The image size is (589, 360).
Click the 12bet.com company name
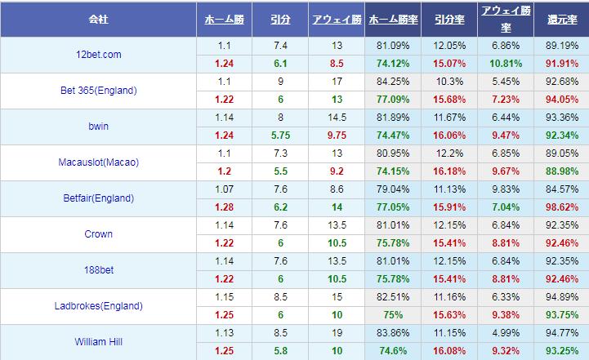pyautogui.click(x=97, y=54)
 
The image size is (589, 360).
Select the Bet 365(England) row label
pyautogui.click(x=97, y=90)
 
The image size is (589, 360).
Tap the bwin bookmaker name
pyautogui.click(x=97, y=127)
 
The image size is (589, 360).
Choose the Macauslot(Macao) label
pyautogui.click(x=97, y=162)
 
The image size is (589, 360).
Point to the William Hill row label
pyautogui.click(x=97, y=342)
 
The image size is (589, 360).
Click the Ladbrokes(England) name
pyautogui.click(x=97, y=306)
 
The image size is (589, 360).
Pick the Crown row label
pyautogui.click(x=97, y=234)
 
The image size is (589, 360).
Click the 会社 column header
pyautogui.click(x=97, y=18)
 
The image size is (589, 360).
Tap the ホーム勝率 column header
pyautogui.click(x=393, y=18)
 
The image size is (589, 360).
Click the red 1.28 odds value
pyautogui.click(x=225, y=207)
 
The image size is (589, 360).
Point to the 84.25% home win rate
pyautogui.click(x=393, y=81)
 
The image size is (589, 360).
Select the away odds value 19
pyautogui.click(x=337, y=333)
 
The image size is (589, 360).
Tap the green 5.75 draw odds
pyautogui.click(x=280, y=136)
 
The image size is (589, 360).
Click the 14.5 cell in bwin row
pyautogui.click(x=337, y=117)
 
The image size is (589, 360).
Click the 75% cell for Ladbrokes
pyautogui.click(x=393, y=315)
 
